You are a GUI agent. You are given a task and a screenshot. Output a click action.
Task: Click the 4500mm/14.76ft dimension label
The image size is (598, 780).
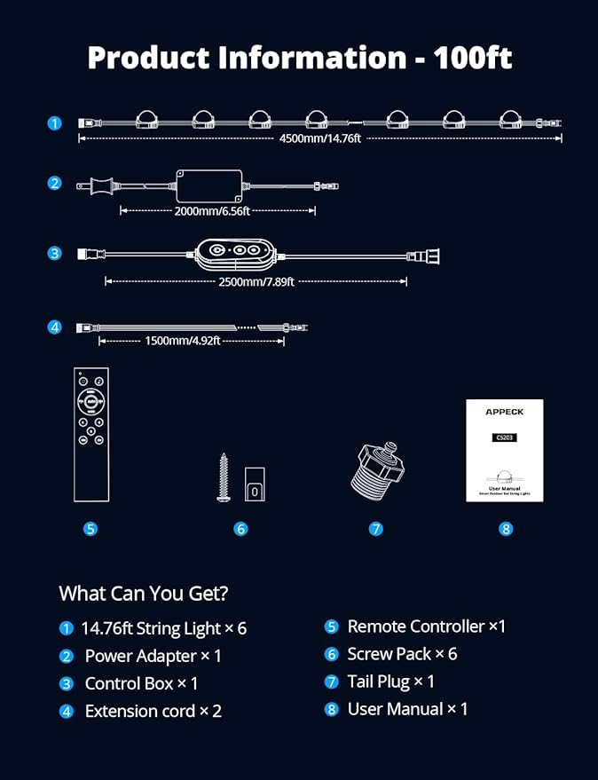[x=320, y=138]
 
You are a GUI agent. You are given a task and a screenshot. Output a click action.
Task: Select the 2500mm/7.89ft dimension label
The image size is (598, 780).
[x=256, y=281]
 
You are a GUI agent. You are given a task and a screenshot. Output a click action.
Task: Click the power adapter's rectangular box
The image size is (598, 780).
[x=209, y=185]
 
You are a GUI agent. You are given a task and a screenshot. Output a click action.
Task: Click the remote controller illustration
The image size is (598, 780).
[x=90, y=436]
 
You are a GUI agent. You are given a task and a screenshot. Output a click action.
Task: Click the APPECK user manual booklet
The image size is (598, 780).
[x=504, y=451]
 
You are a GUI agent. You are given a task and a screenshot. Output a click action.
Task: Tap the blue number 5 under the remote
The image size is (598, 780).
[x=90, y=529]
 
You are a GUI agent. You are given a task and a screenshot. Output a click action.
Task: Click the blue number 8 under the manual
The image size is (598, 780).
[x=506, y=529]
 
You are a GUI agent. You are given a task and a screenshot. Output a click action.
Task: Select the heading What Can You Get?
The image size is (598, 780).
[x=143, y=593]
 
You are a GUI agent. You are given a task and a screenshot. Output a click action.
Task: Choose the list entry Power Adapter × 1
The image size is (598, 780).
[x=153, y=656]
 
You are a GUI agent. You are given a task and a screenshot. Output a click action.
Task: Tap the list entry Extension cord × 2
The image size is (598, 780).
[x=153, y=711]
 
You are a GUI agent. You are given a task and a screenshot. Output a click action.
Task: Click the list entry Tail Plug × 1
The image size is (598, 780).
[x=390, y=682]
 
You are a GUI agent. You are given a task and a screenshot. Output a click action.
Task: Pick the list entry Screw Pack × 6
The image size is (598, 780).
[x=402, y=654]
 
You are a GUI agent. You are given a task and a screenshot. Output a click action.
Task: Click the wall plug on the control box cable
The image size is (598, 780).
[x=427, y=256]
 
